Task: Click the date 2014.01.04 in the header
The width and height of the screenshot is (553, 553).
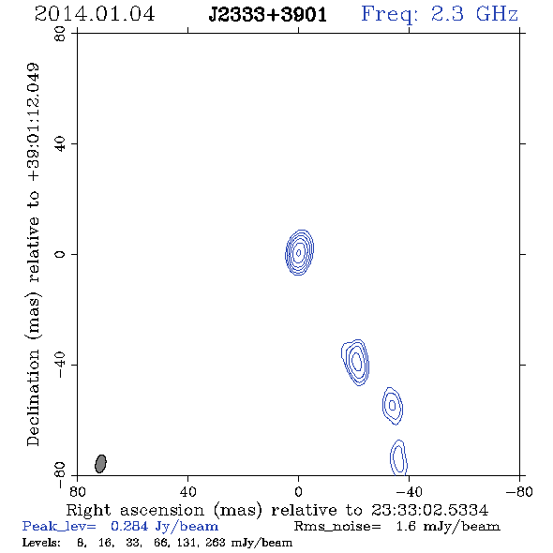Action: [95, 14]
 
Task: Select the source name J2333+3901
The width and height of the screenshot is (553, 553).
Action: [267, 14]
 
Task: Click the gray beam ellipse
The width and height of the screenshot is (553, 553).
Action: [100, 464]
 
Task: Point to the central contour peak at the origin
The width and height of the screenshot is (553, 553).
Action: [299, 252]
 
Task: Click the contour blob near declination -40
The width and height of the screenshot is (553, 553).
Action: [356, 362]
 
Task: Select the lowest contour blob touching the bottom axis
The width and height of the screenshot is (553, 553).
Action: [399, 457]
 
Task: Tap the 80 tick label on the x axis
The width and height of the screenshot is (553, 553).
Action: [77, 492]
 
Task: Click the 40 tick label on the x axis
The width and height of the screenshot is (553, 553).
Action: [187, 492]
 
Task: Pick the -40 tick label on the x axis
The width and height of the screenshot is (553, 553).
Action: [409, 492]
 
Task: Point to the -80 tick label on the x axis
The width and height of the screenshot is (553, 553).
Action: [519, 492]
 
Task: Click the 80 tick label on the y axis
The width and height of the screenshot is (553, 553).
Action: [60, 34]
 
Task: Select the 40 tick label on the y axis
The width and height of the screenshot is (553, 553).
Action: [60, 144]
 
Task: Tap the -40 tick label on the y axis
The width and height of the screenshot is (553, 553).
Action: [60, 365]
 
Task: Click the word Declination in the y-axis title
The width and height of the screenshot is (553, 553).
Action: [33, 397]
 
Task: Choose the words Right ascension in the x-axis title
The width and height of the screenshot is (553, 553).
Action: [135, 510]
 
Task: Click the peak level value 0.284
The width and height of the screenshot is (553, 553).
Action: [129, 526]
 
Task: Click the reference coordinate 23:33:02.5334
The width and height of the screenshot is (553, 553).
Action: [429, 510]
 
